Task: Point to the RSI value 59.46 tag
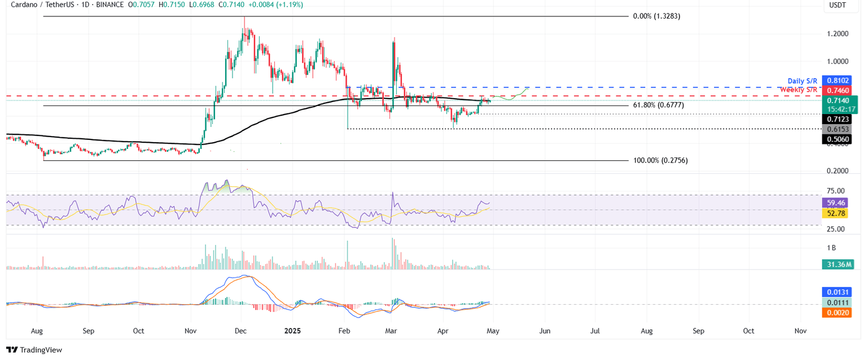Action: pyautogui.click(x=835, y=203)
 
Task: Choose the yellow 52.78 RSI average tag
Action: pyautogui.click(x=835, y=213)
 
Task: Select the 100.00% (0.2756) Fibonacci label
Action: pyautogui.click(x=660, y=160)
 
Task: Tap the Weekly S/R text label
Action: pyautogui.click(x=799, y=90)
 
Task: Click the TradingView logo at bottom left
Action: pyautogui.click(x=34, y=350)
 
